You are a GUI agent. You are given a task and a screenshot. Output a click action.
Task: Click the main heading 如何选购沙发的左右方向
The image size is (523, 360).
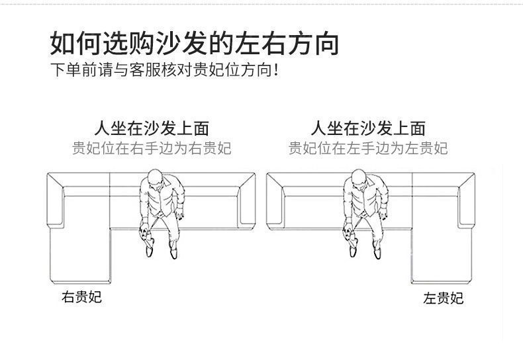(195, 42)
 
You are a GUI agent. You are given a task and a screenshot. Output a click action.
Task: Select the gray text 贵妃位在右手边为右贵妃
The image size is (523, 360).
(152, 148)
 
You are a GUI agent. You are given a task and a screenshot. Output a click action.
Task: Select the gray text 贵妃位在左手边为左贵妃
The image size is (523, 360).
(368, 148)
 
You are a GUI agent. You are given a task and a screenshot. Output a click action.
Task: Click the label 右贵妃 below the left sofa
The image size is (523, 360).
(82, 297)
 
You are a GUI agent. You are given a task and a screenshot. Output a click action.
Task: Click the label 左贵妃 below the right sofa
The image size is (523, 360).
(443, 298)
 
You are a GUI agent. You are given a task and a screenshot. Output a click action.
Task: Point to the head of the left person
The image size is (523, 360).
(154, 177)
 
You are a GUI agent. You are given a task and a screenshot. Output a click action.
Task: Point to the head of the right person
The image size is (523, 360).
(358, 177)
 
